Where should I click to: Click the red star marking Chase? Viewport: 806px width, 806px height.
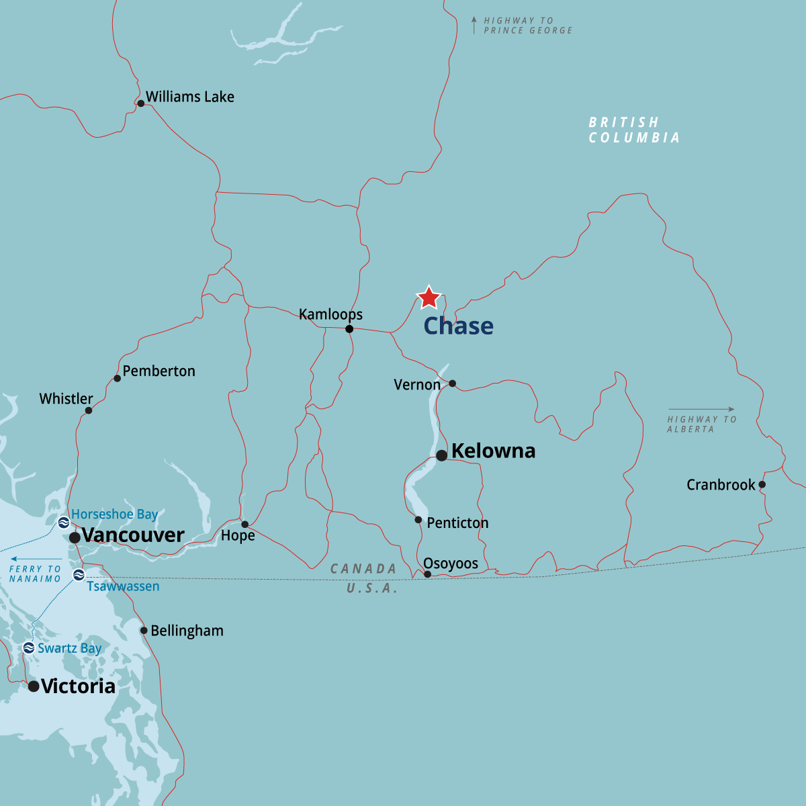429,297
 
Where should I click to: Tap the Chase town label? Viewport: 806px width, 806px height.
458,326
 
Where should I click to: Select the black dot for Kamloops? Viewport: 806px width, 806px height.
349,329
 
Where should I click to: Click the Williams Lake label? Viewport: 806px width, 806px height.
190,97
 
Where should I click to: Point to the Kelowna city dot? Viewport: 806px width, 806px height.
441,455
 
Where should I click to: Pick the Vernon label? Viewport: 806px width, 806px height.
417,385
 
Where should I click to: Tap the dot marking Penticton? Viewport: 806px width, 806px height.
418,520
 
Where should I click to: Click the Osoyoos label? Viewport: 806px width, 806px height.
451,564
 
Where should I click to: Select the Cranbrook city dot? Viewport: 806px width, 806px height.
762,484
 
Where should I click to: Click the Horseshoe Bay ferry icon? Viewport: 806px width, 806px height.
64,522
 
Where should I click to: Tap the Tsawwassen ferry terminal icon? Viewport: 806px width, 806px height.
79,574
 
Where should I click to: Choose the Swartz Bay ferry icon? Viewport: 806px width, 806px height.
28,648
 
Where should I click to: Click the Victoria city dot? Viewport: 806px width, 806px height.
34,686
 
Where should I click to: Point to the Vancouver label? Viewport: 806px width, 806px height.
133,535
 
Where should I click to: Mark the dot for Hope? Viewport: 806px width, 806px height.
245,524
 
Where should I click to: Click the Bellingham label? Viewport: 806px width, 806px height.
187,631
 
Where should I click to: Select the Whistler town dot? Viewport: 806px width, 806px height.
89,410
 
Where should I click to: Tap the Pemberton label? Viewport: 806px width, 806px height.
159,371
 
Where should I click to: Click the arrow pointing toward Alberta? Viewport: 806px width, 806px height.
701,409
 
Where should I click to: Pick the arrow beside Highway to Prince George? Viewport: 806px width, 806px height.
474,25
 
